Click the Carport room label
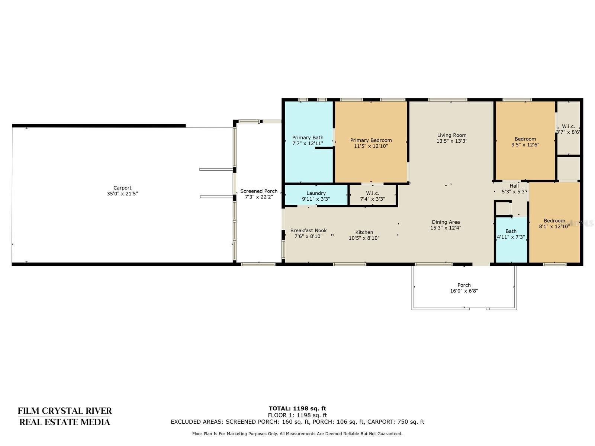pyautogui.click(x=122, y=188)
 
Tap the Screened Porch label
pyautogui.click(x=258, y=191)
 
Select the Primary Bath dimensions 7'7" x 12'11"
pyautogui.click(x=308, y=143)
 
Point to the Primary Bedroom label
pyautogui.click(x=371, y=140)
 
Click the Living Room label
pyautogui.click(x=451, y=135)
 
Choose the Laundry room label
pyautogui.click(x=316, y=193)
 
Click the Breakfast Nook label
pyautogui.click(x=309, y=230)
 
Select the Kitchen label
pyautogui.click(x=364, y=232)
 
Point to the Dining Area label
pyautogui.click(x=446, y=222)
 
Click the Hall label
pyautogui.click(x=514, y=186)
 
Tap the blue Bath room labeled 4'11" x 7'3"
pyautogui.click(x=511, y=239)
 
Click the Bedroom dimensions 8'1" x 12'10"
pyautogui.click(x=554, y=226)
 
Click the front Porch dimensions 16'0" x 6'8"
pyautogui.click(x=464, y=291)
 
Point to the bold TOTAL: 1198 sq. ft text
pyautogui.click(x=297, y=408)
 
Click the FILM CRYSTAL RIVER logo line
pyautogui.click(x=64, y=411)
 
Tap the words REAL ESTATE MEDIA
pyautogui.click(x=64, y=422)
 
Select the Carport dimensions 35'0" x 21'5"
pyautogui.click(x=122, y=194)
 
